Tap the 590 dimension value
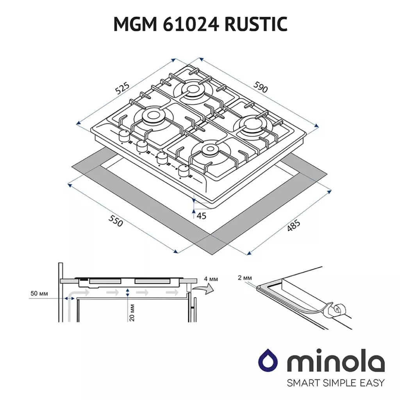(261, 87)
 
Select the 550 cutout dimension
(116, 221)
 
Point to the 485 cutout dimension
(293, 226)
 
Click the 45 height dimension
(202, 216)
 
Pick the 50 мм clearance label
(39, 293)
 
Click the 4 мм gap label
(211, 279)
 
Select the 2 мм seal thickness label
(245, 278)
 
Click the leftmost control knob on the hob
(124, 136)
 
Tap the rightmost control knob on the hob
(183, 171)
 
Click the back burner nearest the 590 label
(194, 89)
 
